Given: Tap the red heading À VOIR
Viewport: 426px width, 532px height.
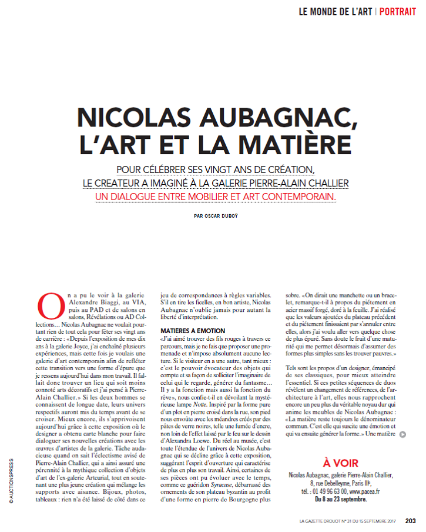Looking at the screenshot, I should (341, 462).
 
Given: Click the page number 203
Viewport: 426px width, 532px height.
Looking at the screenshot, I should (411, 520).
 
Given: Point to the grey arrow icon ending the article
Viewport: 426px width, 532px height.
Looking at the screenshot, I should (402, 435).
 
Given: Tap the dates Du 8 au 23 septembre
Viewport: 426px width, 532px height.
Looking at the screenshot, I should (341, 499).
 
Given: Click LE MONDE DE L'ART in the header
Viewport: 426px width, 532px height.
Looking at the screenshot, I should (334, 11).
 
